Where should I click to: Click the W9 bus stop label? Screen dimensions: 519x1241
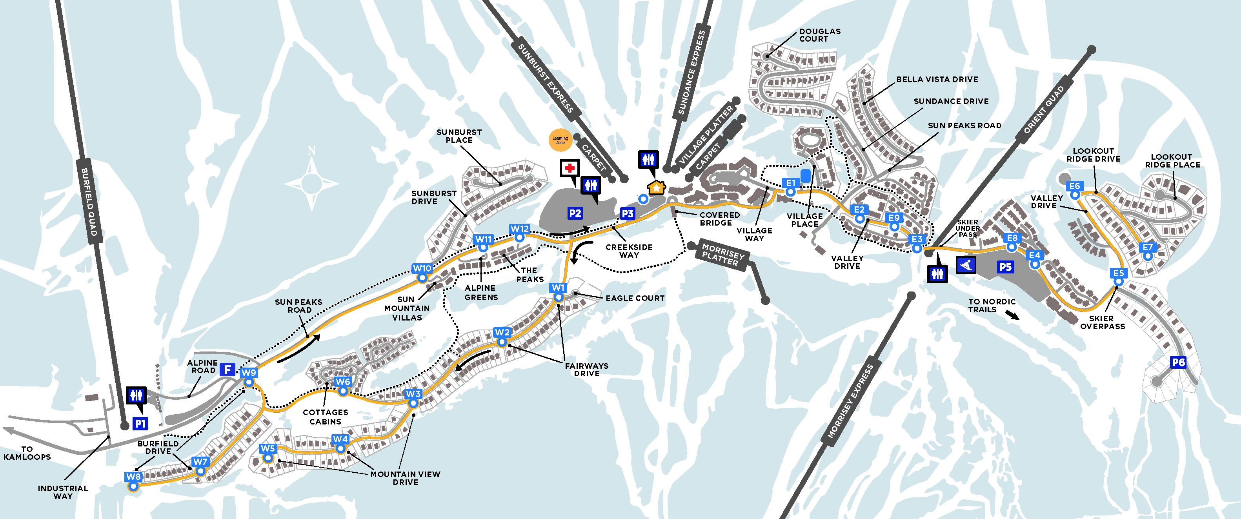(249, 373)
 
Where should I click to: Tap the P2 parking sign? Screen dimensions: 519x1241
(575, 213)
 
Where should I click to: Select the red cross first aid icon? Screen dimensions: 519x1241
(570, 168)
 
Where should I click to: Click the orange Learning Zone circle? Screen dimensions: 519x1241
(560, 140)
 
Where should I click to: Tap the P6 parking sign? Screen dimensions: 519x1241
(1178, 362)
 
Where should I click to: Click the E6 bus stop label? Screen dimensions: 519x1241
(1074, 186)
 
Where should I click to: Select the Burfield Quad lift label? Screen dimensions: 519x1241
(89, 202)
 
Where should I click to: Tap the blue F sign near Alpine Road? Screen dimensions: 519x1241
(227, 370)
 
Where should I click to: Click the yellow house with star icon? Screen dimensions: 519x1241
(656, 188)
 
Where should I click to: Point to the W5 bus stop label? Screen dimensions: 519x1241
(268, 449)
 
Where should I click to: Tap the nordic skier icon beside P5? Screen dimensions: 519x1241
(966, 264)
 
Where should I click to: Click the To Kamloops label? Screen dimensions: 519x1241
(27, 453)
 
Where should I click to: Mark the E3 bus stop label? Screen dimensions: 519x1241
(917, 239)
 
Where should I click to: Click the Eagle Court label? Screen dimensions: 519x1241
(635, 298)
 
